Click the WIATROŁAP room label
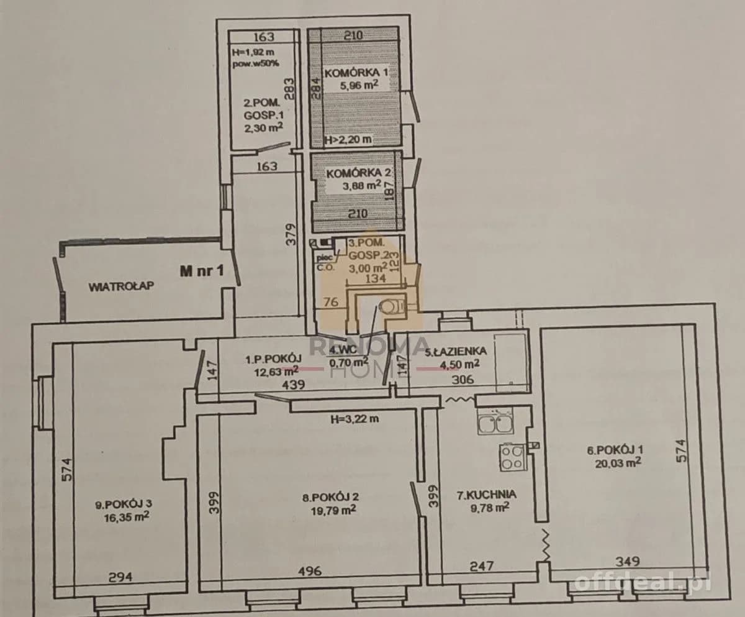121,286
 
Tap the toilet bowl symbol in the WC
391,306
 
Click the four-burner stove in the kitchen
512,457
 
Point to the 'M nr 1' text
202,271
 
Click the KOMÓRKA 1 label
356,73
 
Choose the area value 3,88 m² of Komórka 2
362,186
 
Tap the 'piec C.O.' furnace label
325,262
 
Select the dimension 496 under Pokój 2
310,571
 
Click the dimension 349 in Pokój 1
628,562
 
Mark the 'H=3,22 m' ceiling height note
354,419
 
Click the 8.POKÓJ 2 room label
330,497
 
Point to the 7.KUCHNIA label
486,495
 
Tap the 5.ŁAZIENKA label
456,352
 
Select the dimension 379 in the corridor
292,234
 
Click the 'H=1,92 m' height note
253,52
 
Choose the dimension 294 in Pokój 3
120,577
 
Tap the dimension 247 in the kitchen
482,566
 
